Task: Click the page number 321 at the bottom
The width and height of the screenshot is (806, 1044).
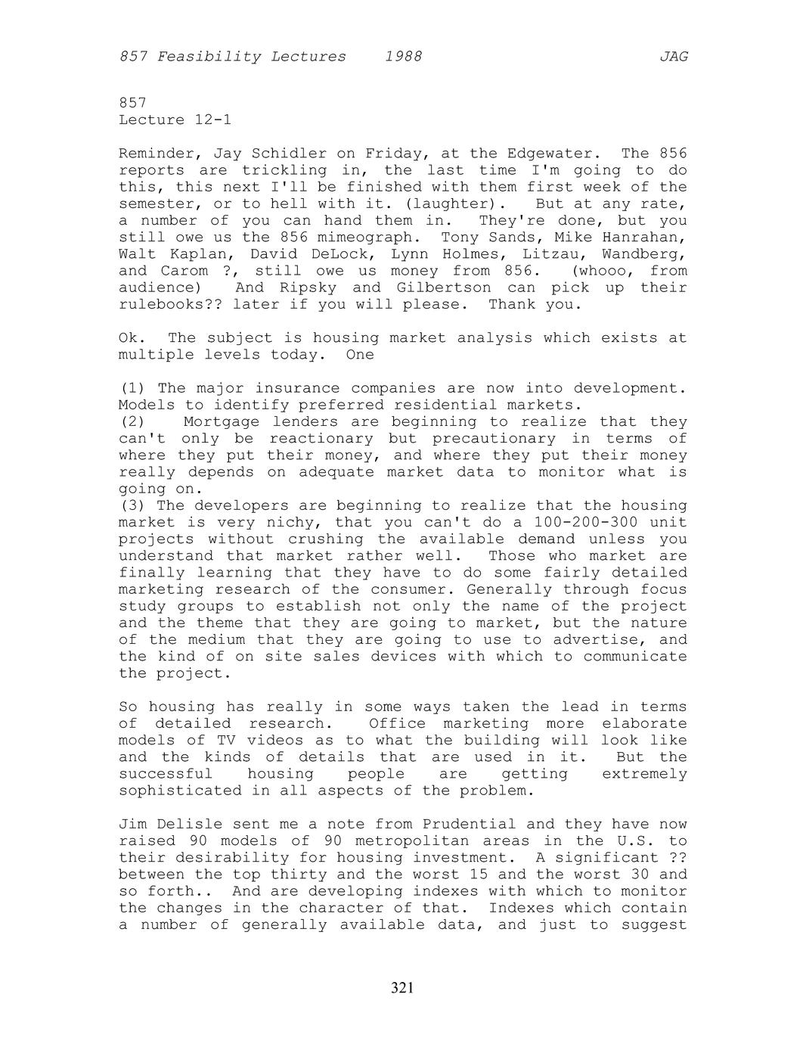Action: pos(402,987)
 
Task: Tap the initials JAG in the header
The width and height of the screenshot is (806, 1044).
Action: pos(673,57)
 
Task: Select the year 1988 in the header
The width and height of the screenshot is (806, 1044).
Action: pos(403,57)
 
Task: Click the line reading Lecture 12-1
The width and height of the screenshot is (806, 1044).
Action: pos(175,120)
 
